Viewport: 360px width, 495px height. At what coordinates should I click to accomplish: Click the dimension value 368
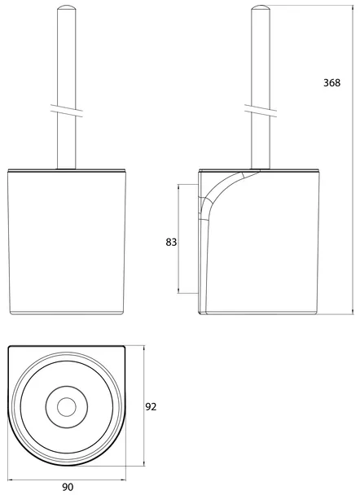click(x=331, y=83)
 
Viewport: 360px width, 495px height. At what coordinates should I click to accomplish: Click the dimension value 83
click(x=171, y=242)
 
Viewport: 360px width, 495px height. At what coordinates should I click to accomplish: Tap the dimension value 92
click(x=151, y=407)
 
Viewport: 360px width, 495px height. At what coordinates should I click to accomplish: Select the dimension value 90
click(x=68, y=487)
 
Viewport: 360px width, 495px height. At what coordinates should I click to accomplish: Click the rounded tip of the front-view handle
click(x=66, y=7)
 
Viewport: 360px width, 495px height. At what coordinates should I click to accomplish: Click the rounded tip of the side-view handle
click(x=261, y=7)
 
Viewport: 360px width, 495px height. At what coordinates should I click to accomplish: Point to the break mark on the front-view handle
click(x=66, y=111)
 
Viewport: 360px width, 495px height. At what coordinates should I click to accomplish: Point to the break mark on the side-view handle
click(x=261, y=111)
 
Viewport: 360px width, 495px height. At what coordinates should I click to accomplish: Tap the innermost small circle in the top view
click(x=67, y=406)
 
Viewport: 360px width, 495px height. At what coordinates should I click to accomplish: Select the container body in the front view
click(x=67, y=242)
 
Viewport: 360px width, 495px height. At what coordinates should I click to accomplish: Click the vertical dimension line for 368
click(x=353, y=160)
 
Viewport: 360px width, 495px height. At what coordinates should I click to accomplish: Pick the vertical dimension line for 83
click(x=178, y=239)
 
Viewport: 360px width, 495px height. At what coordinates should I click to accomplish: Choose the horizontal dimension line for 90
click(x=67, y=480)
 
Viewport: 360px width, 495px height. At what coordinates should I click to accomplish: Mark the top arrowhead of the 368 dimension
click(x=353, y=7)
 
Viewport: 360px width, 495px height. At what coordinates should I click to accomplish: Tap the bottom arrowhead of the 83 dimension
click(x=178, y=291)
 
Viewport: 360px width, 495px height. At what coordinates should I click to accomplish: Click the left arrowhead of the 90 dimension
click(x=11, y=480)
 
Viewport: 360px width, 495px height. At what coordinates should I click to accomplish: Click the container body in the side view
click(x=258, y=242)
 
